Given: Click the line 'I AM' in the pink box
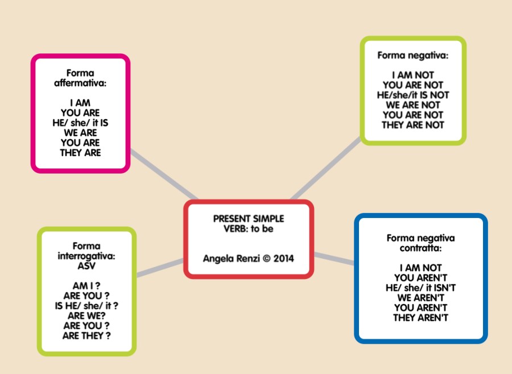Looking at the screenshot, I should (x=80, y=103).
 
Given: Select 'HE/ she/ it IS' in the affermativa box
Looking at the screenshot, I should (x=80, y=123).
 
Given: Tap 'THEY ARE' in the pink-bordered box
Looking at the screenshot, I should (x=80, y=153).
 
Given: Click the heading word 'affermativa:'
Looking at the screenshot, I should (x=80, y=83).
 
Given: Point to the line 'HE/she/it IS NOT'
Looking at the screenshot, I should (x=413, y=95).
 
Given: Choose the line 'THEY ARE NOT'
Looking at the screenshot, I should (x=413, y=125).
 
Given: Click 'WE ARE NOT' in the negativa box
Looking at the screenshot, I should (x=413, y=105).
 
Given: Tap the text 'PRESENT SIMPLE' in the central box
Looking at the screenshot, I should (x=249, y=219).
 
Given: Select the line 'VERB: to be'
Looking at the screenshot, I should (x=249, y=229).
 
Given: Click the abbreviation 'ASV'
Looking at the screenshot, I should (x=86, y=266).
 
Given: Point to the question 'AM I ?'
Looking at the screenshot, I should (x=86, y=286).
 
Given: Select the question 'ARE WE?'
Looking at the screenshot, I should (x=86, y=316).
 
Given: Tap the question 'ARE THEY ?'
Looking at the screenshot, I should (x=86, y=336).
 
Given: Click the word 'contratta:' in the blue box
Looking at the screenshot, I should (x=420, y=248).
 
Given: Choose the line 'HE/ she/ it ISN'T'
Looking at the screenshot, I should (x=420, y=288).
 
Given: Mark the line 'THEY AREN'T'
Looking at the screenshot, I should (x=420, y=318).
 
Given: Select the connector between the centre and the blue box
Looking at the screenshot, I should (x=334, y=258).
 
